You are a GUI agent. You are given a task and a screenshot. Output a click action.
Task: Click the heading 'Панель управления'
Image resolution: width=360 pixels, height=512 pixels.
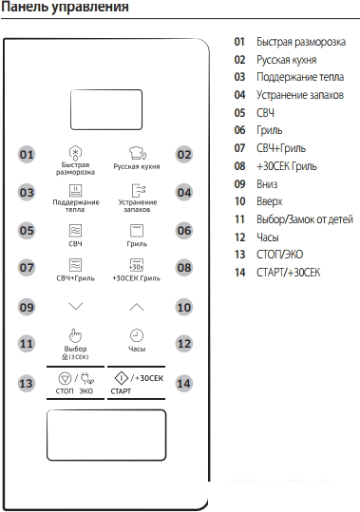point(66,9)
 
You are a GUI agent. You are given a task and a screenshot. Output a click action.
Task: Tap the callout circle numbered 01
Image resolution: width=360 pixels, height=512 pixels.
point(27,155)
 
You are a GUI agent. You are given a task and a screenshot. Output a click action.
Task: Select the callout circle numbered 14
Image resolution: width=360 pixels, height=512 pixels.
point(184,383)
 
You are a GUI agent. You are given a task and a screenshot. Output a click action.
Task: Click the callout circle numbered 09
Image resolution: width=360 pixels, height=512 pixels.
point(27,307)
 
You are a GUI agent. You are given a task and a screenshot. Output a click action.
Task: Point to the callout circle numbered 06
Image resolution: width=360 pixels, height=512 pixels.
point(184,231)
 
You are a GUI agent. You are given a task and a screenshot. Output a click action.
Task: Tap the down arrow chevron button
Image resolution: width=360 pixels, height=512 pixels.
point(76,307)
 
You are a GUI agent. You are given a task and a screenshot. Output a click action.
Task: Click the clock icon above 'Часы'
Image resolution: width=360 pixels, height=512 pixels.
point(137,335)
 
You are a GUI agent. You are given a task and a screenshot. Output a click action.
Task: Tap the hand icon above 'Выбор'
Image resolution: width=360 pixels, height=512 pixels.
point(76,334)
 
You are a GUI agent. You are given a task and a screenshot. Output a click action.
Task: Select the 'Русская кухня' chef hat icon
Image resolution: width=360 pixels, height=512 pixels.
point(136,153)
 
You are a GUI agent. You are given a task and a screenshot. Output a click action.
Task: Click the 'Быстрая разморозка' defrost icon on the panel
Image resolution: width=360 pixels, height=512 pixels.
point(76,153)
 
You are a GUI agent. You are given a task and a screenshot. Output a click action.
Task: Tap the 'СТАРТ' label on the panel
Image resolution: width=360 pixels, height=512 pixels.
point(121,391)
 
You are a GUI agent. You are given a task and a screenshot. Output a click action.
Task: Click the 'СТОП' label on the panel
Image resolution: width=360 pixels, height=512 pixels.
point(66,391)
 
